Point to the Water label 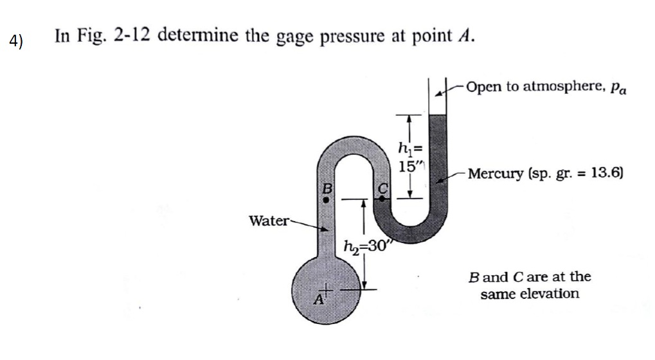pyautogui.click(x=269, y=221)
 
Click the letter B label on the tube pyautogui.click(x=326, y=189)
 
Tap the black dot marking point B pyautogui.click(x=326, y=200)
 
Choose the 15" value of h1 pyautogui.click(x=407, y=166)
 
